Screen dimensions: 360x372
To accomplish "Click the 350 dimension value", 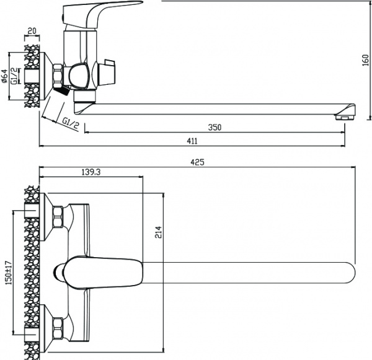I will coord(215,127).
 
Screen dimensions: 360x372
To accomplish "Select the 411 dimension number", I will coord(192,141).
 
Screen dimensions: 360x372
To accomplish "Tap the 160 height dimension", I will coord(365,61).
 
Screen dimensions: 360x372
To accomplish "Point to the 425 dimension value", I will coord(197,162).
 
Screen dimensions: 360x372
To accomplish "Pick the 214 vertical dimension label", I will coord(158,232).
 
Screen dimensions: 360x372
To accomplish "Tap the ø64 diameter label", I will coord(5,77).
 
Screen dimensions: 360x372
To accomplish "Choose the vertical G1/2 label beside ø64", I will coord(15,77).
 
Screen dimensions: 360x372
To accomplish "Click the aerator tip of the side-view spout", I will coord(346,115).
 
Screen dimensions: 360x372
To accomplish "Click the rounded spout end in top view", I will coord(347,270).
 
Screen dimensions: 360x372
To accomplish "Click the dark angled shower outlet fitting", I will coord(60,92).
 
